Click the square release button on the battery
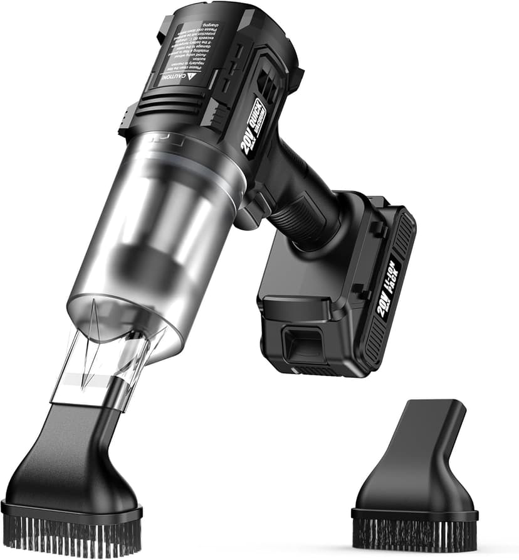(x=299, y=345)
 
